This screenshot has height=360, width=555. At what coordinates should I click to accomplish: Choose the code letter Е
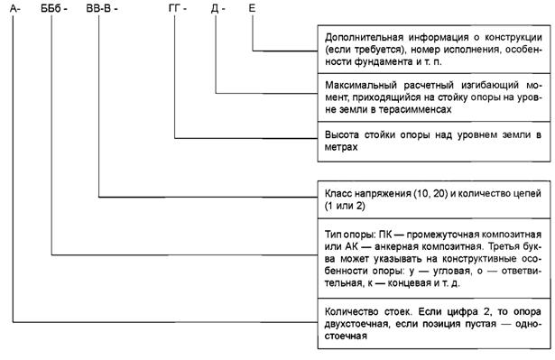(254, 8)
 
